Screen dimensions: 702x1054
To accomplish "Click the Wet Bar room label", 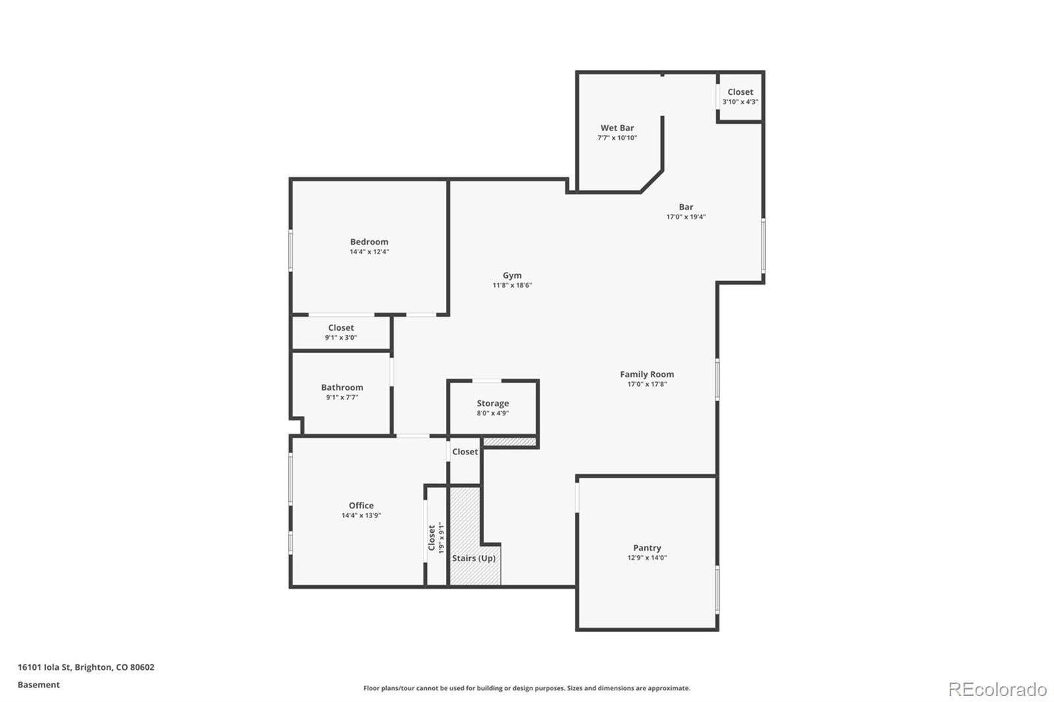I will (x=617, y=128).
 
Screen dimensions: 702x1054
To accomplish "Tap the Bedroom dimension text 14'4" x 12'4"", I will (x=369, y=252).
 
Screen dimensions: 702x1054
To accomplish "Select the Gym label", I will (x=512, y=276).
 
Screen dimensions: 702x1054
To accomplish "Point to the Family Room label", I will (x=646, y=374).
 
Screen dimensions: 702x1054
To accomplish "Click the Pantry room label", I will (x=646, y=548).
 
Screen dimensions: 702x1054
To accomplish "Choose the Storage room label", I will (x=493, y=404).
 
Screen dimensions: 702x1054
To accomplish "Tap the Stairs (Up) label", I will (x=474, y=558).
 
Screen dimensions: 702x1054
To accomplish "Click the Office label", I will (x=361, y=506).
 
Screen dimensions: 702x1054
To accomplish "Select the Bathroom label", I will (x=342, y=388).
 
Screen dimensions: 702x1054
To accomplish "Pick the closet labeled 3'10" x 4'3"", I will (x=740, y=97).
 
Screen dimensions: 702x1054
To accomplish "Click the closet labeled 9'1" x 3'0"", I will (x=341, y=332).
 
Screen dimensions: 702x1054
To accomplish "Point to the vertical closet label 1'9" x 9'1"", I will (x=436, y=537).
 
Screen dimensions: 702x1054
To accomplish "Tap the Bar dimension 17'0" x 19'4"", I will (x=686, y=217).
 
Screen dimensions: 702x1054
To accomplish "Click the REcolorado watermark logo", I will (x=997, y=689).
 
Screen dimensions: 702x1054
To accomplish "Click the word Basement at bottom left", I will (x=38, y=685).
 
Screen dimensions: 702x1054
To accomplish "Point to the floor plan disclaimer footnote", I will (x=526, y=688).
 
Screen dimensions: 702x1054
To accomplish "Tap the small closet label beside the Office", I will (x=464, y=452).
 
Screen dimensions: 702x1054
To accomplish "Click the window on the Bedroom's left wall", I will (x=291, y=250).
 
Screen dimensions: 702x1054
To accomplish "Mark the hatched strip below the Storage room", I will (x=510, y=442).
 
